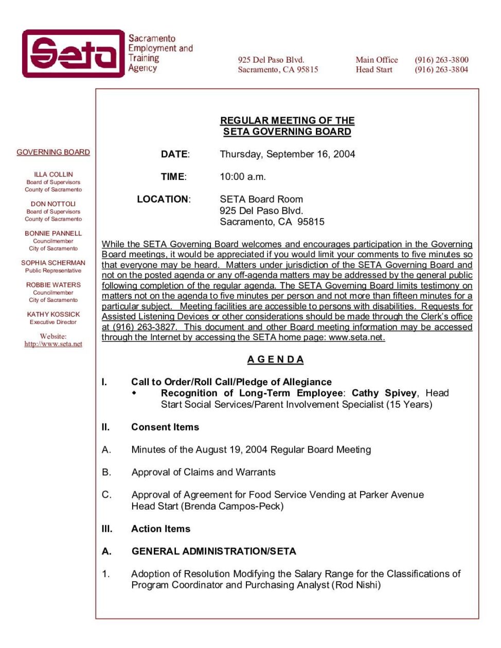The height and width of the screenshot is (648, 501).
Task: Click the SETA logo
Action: [73, 53]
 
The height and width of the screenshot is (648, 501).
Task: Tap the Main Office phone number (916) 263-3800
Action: [441, 60]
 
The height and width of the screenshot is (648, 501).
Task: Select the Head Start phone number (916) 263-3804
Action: [441, 69]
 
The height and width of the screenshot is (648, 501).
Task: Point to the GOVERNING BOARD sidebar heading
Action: [53, 152]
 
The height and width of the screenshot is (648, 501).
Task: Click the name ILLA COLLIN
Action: [53, 174]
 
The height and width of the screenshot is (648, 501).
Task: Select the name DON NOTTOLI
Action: [53, 204]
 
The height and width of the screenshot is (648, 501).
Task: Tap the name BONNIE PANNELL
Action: [53, 233]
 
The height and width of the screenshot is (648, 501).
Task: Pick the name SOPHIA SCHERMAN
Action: [53, 262]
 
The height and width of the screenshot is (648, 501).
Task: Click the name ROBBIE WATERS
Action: [53, 284]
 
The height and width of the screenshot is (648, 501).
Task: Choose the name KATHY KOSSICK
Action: [53, 314]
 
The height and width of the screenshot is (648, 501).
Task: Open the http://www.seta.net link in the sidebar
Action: [53, 344]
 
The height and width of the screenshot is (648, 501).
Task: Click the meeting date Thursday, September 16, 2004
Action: [287, 154]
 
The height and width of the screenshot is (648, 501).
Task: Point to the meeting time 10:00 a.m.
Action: [243, 177]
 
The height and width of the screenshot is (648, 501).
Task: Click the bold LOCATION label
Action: [163, 199]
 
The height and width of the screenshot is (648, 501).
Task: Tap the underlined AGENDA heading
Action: [275, 359]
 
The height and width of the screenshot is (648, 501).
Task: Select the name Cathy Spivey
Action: [384, 393]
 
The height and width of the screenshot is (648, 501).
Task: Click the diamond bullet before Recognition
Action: [134, 393]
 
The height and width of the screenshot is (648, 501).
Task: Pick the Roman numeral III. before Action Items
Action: [106, 529]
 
